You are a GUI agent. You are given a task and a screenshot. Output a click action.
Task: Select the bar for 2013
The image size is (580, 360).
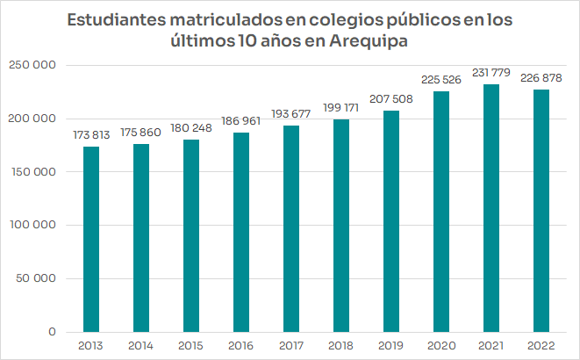[x=91, y=239]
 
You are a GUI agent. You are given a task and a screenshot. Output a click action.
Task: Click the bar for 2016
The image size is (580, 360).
[x=241, y=232]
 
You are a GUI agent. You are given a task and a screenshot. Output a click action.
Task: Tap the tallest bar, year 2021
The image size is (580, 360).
[x=491, y=208]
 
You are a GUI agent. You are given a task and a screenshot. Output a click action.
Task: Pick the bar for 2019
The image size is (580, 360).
[x=391, y=220]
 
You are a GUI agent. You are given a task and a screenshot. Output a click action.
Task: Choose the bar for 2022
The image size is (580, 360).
[x=541, y=211]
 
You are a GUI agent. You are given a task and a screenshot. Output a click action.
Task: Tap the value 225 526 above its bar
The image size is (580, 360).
[x=441, y=80]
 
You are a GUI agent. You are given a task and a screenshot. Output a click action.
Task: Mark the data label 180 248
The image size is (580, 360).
[x=191, y=129]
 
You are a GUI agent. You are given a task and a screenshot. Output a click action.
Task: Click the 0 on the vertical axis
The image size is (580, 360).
[x=52, y=332]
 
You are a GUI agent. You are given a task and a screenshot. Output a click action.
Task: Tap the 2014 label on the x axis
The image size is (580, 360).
[x=141, y=346]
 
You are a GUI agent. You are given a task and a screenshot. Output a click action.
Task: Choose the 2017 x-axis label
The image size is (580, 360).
[x=291, y=346]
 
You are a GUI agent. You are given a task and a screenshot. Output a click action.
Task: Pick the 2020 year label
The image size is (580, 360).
[x=441, y=346]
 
